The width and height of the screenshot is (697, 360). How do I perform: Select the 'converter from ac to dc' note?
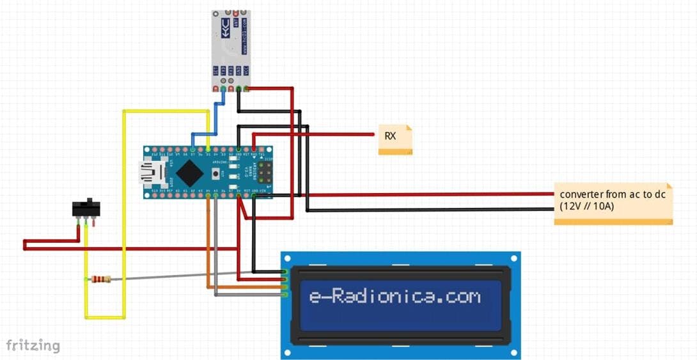(613, 201)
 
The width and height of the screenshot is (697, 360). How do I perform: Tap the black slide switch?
(86, 208)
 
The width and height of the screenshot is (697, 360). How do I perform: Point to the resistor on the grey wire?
(100, 279)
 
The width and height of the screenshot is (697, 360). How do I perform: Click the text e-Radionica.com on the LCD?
(395, 297)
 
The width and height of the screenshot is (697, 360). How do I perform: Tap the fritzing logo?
(33, 346)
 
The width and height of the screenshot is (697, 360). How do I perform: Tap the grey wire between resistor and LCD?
(192, 275)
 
